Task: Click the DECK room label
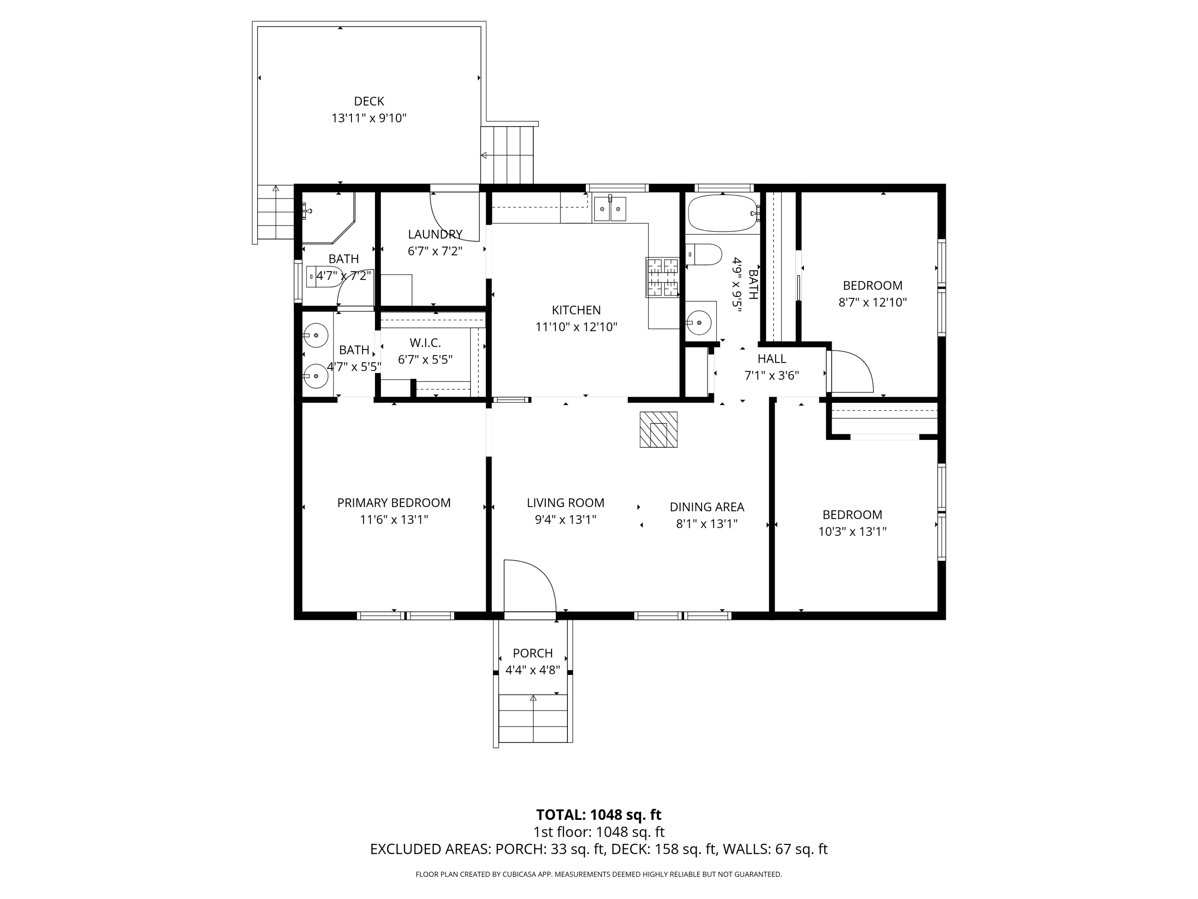coord(369,101)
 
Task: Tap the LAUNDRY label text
coord(435,235)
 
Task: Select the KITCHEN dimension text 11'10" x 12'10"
coord(576,327)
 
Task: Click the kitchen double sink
coord(610,209)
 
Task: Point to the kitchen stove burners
coord(662,277)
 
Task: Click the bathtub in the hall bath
coord(722,213)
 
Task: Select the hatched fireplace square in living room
coord(658,430)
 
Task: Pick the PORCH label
coord(533,654)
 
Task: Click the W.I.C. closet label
coord(425,343)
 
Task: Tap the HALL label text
coord(772,359)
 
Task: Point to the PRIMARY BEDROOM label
coord(394,503)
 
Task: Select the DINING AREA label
coord(707,507)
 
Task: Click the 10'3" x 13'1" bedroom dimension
coord(852,531)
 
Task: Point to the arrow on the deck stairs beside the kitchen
coord(484,155)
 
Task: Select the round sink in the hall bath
coord(700,323)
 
